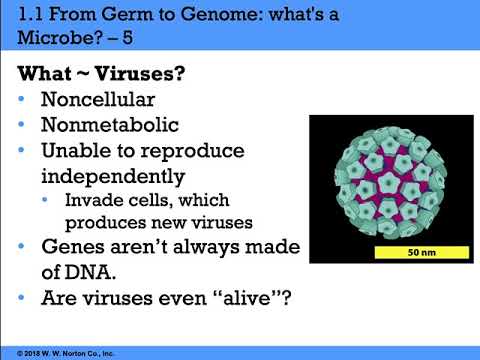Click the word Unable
[73, 153]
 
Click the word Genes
[74, 246]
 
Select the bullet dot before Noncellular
[24, 102]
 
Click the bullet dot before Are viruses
[24, 297]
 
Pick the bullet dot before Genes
[24, 246]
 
